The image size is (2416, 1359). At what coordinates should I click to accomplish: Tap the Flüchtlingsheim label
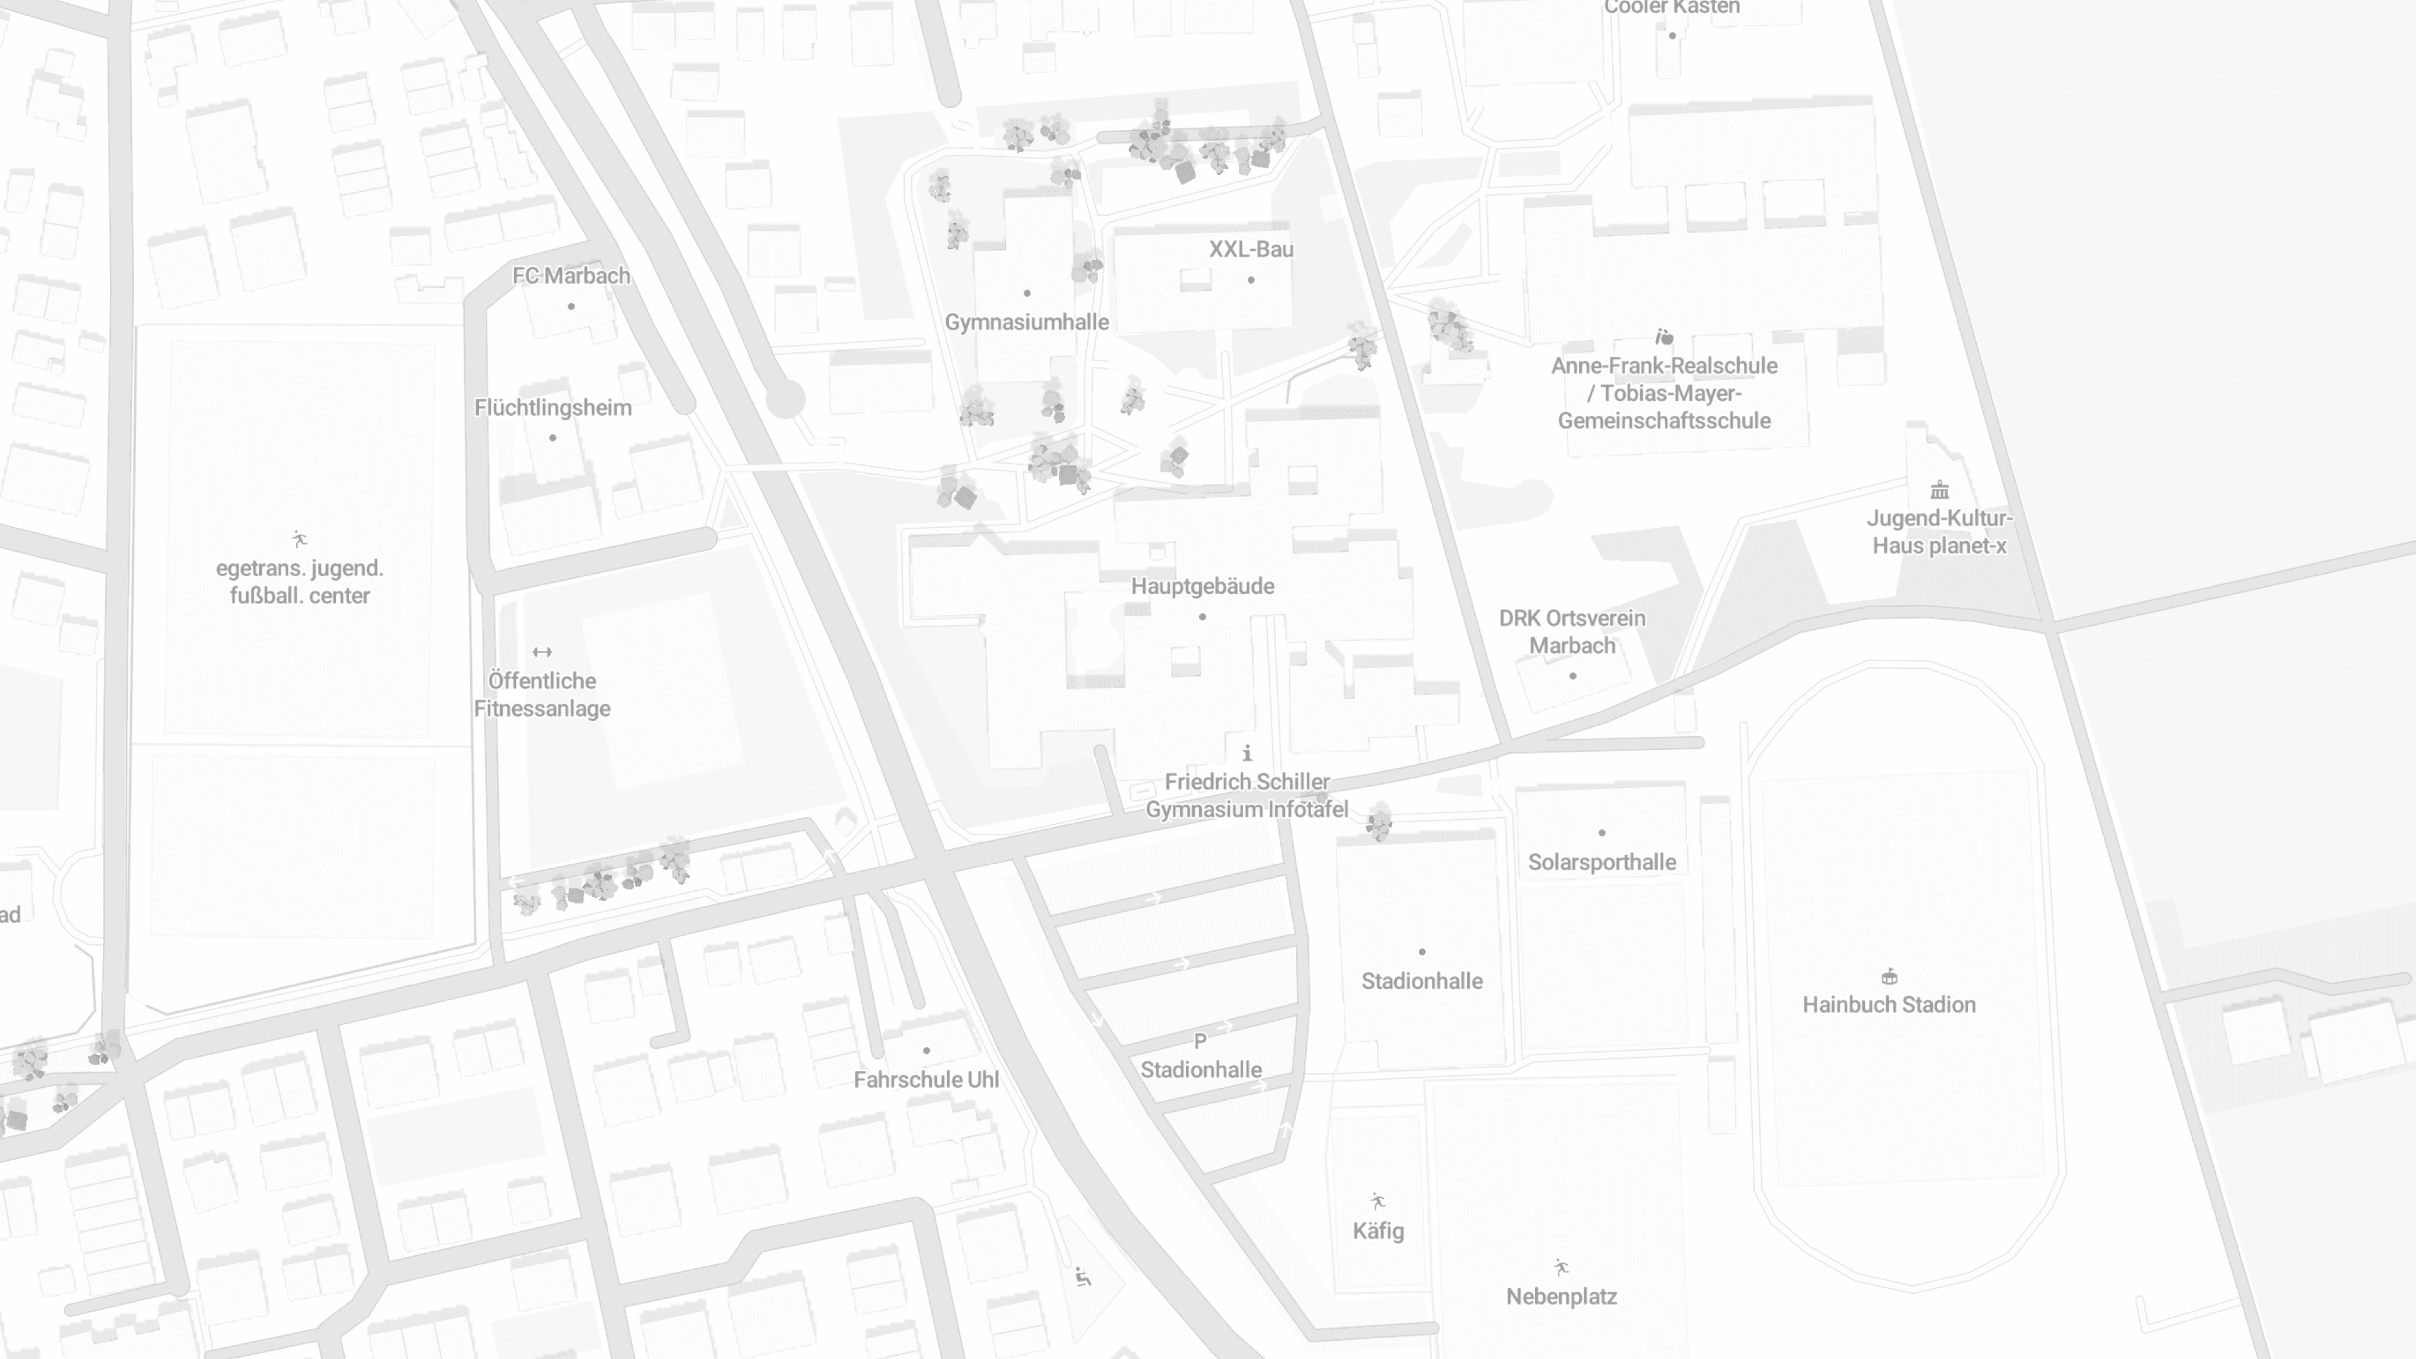coord(552,408)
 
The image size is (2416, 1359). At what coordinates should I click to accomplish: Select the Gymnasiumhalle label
coord(1026,322)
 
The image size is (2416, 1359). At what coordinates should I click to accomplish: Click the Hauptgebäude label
coord(1202,586)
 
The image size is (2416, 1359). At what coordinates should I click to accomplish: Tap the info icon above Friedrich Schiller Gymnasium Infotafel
coord(1246,753)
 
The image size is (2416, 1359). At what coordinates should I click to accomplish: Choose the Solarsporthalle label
coord(1601,862)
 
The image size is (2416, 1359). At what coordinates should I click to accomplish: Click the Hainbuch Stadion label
coord(1888,1005)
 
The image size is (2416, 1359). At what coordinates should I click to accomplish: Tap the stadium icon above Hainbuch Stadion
coord(1889,976)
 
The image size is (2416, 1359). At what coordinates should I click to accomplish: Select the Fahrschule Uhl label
coord(926,1080)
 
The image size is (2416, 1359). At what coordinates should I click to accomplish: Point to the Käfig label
coord(1378,1231)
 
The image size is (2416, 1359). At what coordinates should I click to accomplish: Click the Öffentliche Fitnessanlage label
coord(542,694)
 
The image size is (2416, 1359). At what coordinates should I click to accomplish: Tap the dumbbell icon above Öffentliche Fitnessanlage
coord(542,652)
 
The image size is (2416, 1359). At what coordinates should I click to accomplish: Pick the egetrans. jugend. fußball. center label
coord(299,581)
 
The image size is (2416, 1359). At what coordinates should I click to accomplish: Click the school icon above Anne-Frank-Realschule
coord(1664,337)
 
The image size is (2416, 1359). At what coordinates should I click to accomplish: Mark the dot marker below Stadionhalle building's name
coord(1422,952)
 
